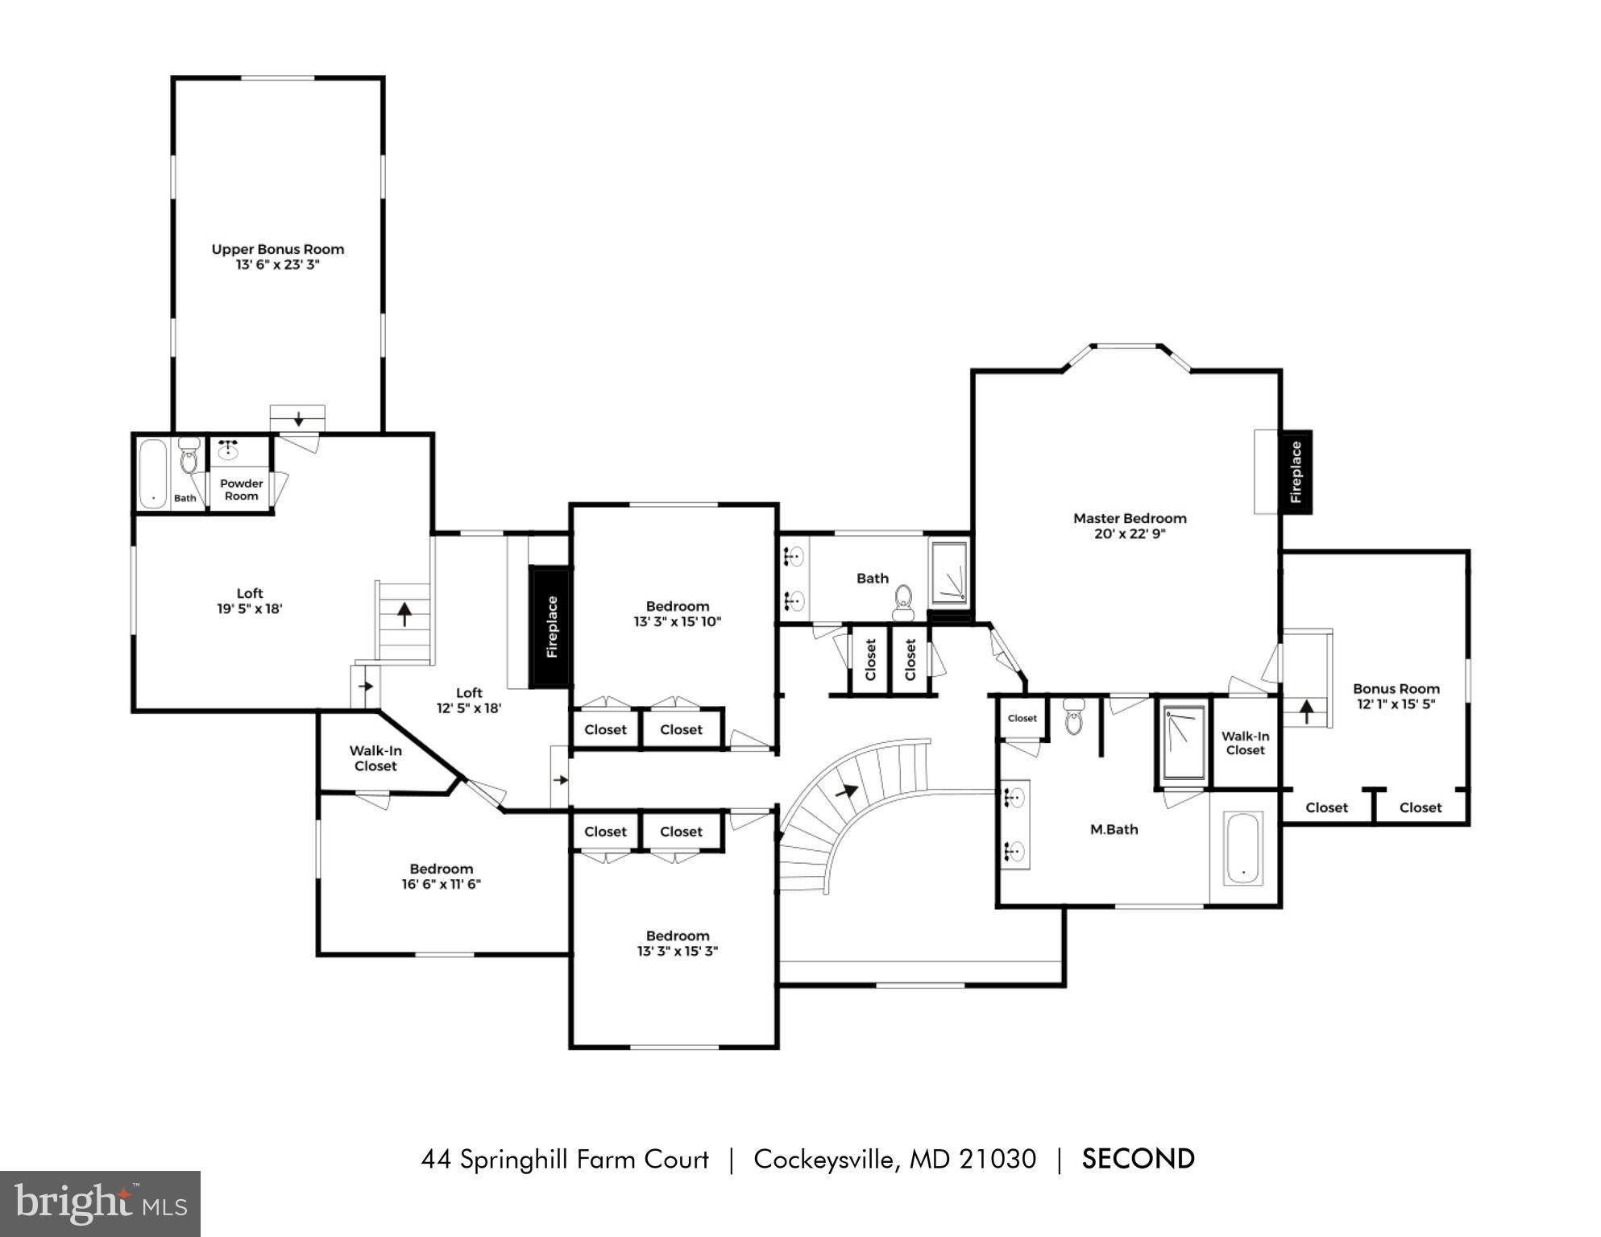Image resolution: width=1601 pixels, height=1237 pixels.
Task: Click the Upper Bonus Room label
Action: pyautogui.click(x=277, y=250)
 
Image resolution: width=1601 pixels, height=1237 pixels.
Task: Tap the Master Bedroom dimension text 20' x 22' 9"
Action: pyautogui.click(x=1130, y=533)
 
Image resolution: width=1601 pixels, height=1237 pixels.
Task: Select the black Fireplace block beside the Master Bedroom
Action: pyautogui.click(x=1296, y=472)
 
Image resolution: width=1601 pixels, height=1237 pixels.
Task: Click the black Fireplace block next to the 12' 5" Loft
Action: pyautogui.click(x=551, y=627)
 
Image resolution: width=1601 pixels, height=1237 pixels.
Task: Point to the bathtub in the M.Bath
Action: pyautogui.click(x=1242, y=849)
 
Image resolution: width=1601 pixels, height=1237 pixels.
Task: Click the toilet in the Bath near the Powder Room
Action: pyautogui.click(x=189, y=457)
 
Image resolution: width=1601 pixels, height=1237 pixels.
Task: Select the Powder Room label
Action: pyautogui.click(x=241, y=489)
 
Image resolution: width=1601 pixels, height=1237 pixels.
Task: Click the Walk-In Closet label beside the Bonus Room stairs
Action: pyautogui.click(x=1245, y=743)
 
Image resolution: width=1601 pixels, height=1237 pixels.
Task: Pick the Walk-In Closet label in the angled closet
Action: pyautogui.click(x=375, y=758)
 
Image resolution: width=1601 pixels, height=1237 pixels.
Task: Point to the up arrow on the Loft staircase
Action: pyautogui.click(x=404, y=616)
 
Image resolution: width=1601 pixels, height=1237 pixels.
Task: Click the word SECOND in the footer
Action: pyautogui.click(x=1138, y=1159)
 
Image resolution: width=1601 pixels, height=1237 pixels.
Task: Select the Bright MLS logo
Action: pyautogui.click(x=100, y=1203)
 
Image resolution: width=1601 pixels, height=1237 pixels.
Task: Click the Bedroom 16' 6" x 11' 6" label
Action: pyautogui.click(x=441, y=876)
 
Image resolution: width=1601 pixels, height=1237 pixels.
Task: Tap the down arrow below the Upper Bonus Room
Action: pyautogui.click(x=298, y=419)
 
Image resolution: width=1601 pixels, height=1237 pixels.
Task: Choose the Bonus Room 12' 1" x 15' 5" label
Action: pyautogui.click(x=1396, y=696)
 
